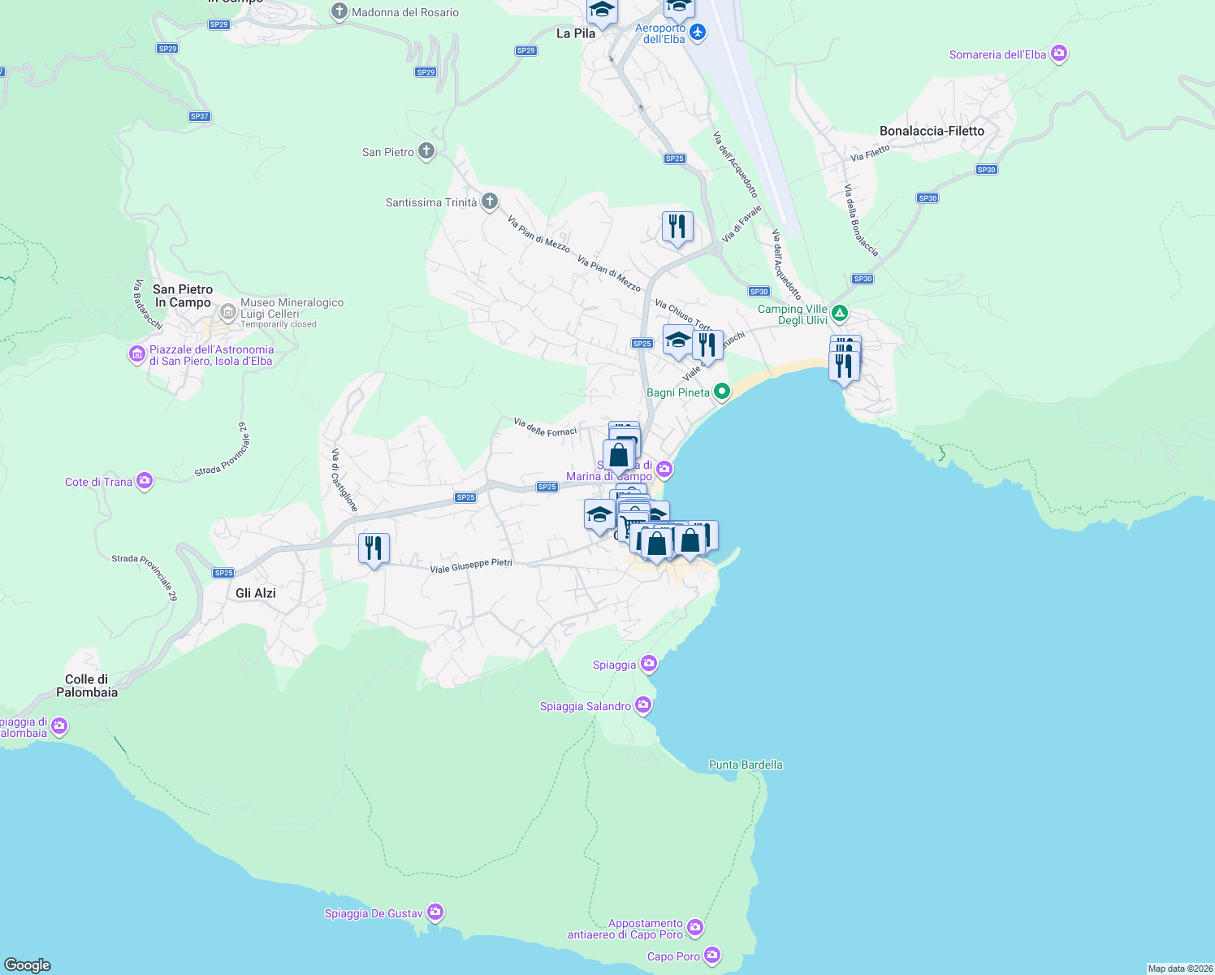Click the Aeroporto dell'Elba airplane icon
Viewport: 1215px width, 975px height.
pyautogui.click(x=698, y=32)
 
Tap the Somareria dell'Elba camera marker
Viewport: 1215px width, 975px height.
pyautogui.click(x=1058, y=54)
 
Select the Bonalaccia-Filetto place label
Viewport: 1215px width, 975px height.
pyautogui.click(x=932, y=131)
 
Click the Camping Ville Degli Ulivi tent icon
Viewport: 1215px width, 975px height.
pyautogui.click(x=839, y=314)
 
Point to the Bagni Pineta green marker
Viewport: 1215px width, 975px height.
pyautogui.click(x=721, y=392)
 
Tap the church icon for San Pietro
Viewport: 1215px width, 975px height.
pyautogui.click(x=426, y=151)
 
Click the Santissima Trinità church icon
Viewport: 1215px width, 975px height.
pyautogui.click(x=489, y=201)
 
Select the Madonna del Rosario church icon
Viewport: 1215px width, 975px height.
pyautogui.click(x=339, y=12)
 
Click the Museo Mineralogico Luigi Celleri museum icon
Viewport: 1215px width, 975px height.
pyautogui.click(x=228, y=311)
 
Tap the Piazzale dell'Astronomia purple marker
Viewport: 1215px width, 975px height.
pyautogui.click(x=137, y=355)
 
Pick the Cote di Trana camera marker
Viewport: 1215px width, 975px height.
pyautogui.click(x=145, y=481)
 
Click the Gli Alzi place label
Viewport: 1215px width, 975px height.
pyautogui.click(x=256, y=593)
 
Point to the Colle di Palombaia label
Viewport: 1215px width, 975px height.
pyautogui.click(x=87, y=686)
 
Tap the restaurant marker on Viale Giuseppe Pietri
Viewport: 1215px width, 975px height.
pyautogui.click(x=374, y=549)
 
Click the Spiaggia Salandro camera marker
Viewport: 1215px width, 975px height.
pyautogui.click(x=643, y=705)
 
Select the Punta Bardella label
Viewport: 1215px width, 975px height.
pyautogui.click(x=746, y=765)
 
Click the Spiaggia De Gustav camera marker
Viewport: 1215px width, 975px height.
pyautogui.click(x=435, y=913)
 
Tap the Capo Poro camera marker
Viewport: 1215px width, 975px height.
pyautogui.click(x=712, y=955)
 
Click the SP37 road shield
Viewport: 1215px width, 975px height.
pyautogui.click(x=199, y=116)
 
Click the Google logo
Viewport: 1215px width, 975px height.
pyautogui.click(x=28, y=964)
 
